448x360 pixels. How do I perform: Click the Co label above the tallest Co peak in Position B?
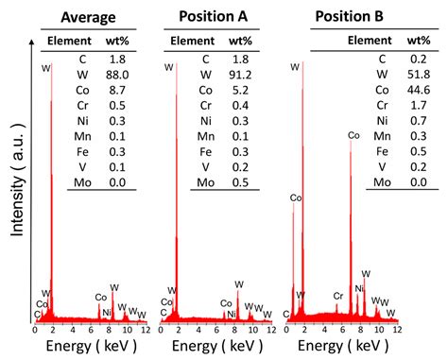(353, 136)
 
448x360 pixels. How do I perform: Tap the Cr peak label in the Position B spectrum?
(337, 296)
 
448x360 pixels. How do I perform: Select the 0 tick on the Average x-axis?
(35, 330)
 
